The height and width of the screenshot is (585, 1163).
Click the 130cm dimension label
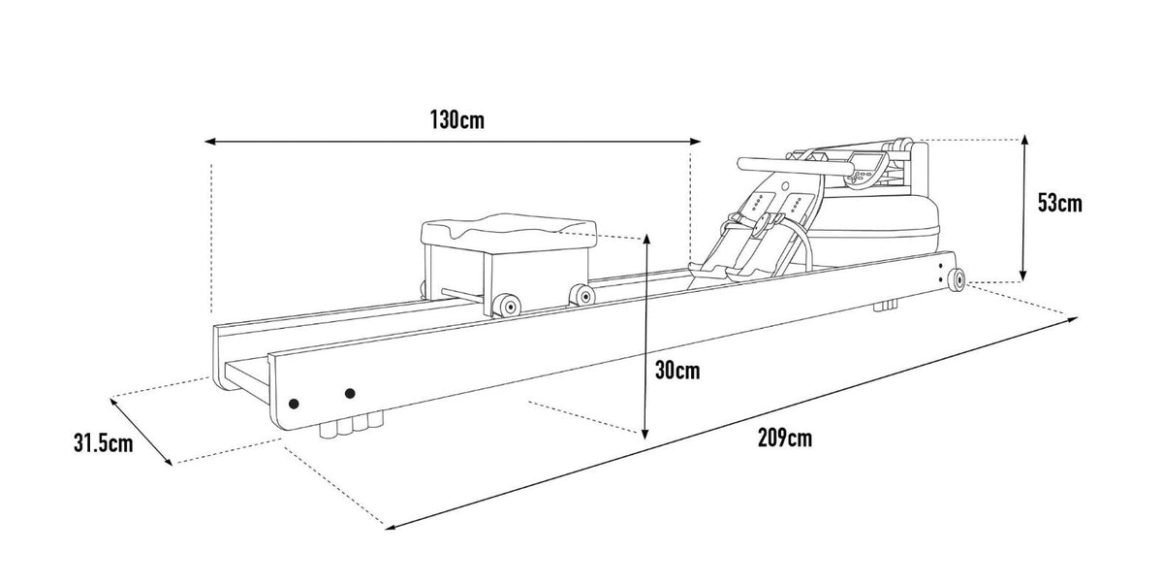point(456,120)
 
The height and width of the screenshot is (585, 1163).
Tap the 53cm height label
point(1059,203)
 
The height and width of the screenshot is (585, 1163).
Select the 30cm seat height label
point(677,371)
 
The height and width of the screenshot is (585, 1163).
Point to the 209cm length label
point(784,438)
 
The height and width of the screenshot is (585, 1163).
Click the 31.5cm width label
point(104,443)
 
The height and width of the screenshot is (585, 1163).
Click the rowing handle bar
point(795,166)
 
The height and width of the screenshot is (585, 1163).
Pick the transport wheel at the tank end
point(956,279)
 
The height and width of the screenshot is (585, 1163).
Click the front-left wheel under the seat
point(506,305)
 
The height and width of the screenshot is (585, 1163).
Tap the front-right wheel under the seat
point(582,295)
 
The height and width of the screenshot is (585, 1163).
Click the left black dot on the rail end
point(294,404)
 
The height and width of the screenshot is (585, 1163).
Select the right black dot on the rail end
point(350,393)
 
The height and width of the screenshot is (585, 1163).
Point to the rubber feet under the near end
point(352,425)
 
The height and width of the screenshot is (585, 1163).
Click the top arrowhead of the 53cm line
point(1024,140)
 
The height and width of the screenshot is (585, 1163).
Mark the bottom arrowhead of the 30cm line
point(645,434)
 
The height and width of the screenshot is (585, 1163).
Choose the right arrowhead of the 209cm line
point(1072,319)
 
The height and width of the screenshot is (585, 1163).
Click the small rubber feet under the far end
point(885,305)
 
